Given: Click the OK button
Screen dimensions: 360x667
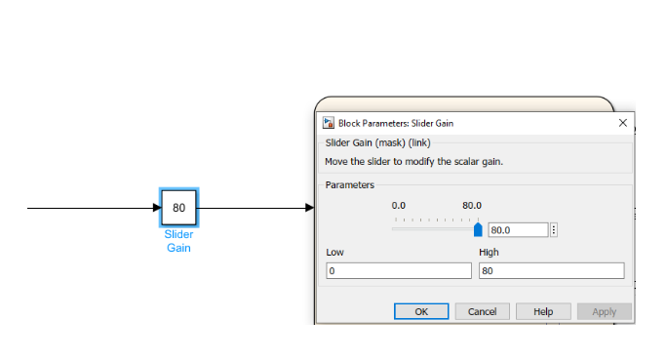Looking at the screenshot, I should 420,311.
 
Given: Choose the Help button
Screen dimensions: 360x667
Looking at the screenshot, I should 543,311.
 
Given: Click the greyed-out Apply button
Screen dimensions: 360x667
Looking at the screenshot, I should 604,311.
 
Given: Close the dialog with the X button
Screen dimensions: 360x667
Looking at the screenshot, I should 623,124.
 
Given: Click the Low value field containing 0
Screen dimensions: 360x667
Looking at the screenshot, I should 398,271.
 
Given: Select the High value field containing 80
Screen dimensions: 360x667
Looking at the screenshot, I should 551,271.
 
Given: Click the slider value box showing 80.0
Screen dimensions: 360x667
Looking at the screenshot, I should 517,230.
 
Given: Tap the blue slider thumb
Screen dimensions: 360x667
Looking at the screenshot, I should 478,230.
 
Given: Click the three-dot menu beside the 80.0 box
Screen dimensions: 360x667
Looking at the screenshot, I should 554,230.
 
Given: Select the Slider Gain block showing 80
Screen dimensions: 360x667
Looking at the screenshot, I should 179,208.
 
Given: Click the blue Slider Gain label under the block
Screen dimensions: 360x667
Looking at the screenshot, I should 178,241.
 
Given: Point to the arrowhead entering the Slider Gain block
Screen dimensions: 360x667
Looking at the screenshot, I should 156,208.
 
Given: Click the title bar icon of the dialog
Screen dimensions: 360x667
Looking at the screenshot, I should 329,124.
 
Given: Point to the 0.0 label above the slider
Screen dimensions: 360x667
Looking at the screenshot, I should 399,206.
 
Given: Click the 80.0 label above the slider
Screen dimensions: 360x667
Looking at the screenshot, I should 472,206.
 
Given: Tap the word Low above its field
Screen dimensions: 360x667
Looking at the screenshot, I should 334,253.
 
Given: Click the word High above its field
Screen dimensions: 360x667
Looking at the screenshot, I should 489,253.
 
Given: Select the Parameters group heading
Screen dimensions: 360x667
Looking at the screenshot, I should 350,184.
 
